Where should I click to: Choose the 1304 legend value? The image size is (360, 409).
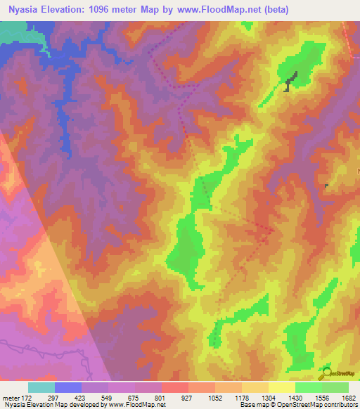(x=268, y=398)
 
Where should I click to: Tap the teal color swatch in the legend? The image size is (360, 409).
(x=41, y=387)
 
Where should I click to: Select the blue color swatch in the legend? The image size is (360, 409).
(x=68, y=387)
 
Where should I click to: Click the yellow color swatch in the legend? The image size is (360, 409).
(x=282, y=387)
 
